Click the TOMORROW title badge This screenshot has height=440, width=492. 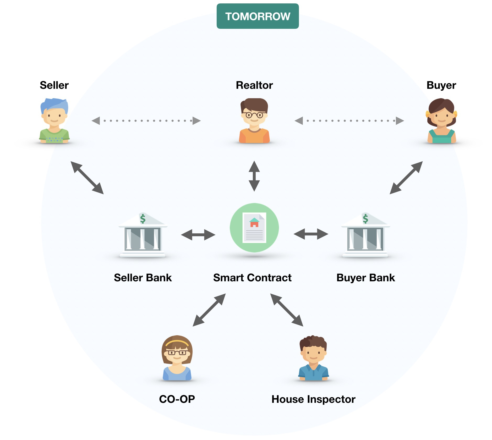258,16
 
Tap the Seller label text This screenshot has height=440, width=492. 54,85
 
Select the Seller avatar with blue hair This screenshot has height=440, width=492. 54,120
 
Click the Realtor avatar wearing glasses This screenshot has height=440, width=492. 254,120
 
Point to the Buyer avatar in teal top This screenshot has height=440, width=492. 441,120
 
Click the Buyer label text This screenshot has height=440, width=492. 441,85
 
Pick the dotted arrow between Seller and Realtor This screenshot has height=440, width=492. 146,121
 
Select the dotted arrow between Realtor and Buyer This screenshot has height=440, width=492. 349,121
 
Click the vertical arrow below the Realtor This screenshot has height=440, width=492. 254,176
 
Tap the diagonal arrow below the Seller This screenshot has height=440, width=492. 87,178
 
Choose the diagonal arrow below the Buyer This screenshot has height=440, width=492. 406,178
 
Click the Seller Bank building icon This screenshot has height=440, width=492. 143,236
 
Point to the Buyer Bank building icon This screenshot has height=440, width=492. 365,236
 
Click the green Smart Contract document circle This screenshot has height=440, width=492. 254,228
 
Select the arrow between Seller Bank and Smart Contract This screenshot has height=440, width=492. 198,235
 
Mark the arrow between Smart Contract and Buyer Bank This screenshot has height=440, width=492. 311,234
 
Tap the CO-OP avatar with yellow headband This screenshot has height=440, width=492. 177,358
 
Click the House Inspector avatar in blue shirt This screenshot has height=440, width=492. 313,358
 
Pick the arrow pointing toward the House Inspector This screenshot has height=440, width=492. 287,310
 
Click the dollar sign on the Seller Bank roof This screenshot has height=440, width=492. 143,218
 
